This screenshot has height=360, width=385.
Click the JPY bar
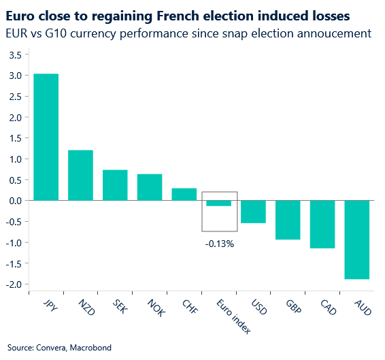(46, 137)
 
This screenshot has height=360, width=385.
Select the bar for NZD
(80, 175)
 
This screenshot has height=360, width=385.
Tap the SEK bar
(115, 185)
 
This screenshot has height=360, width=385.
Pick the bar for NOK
(150, 187)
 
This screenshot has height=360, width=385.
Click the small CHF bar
(184, 194)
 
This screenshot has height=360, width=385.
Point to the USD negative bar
(254, 212)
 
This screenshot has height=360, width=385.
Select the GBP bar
(288, 220)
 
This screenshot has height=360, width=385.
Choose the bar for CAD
(323, 224)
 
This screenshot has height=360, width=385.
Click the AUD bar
(358, 240)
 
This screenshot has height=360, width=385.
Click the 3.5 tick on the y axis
(14, 54)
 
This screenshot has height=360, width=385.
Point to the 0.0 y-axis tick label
(14, 201)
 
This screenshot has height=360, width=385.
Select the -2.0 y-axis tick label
(13, 284)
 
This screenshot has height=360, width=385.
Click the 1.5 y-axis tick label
(14, 138)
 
